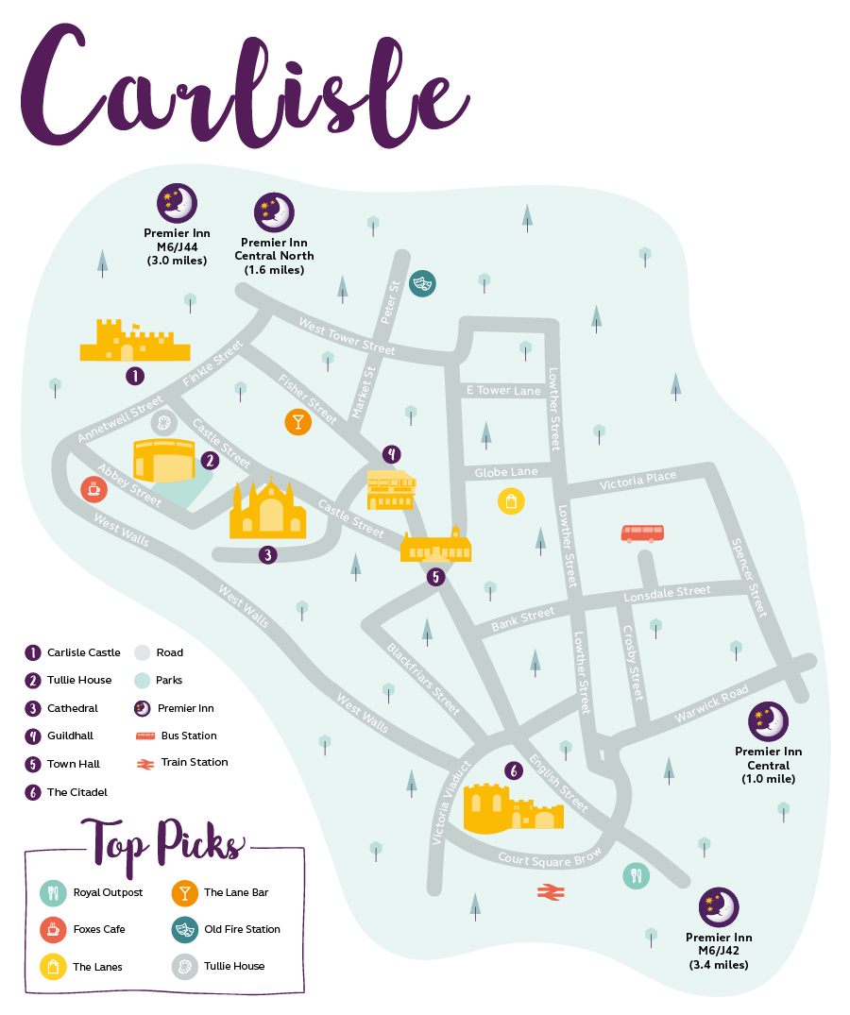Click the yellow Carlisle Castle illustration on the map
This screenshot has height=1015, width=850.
(x=133, y=342)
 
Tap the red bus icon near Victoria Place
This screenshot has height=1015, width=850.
(x=642, y=533)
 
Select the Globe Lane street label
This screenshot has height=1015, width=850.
(x=506, y=472)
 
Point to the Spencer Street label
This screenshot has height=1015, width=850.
(x=752, y=578)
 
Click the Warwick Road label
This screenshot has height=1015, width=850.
(x=710, y=704)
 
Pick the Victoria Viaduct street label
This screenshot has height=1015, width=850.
(x=450, y=802)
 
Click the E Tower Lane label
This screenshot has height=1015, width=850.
(x=503, y=390)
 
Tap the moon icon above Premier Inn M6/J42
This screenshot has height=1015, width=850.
(x=719, y=907)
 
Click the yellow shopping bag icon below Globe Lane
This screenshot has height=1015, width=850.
(x=510, y=501)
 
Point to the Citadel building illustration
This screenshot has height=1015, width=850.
(x=514, y=807)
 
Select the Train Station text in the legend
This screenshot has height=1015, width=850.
(x=195, y=762)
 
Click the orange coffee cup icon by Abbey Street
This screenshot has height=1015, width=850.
(x=93, y=488)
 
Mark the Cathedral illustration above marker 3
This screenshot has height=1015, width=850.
(x=268, y=511)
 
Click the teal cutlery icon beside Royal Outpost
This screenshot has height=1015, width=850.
(x=53, y=892)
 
